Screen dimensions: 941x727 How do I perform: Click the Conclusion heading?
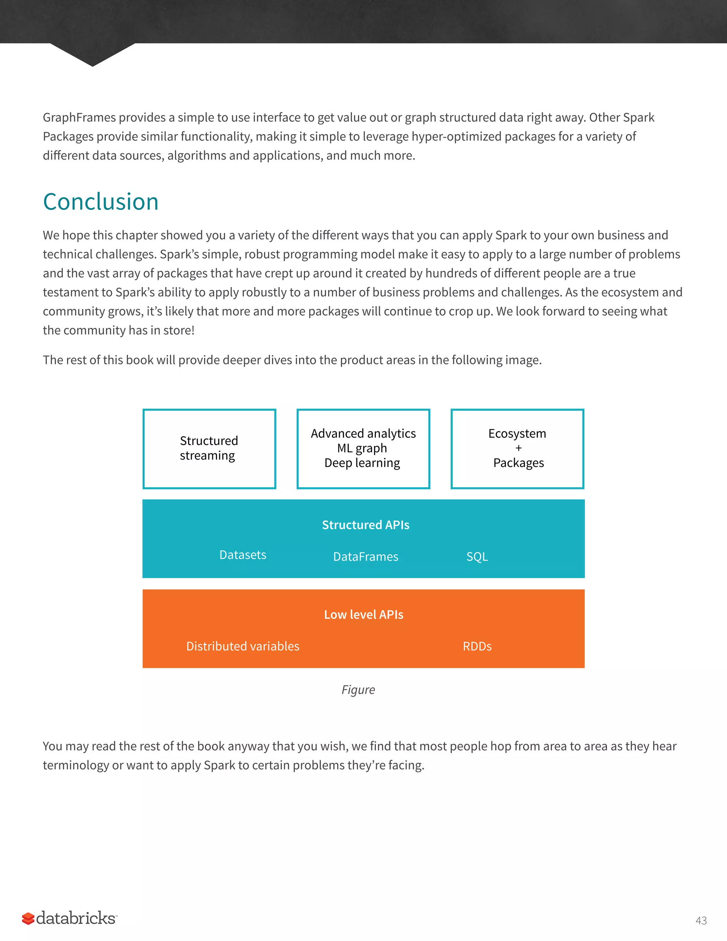coord(101,202)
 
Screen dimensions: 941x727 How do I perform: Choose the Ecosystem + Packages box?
coord(517,448)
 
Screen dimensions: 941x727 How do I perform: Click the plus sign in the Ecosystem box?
coord(518,448)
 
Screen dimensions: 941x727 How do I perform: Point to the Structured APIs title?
coord(365,525)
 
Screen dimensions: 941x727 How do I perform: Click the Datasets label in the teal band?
coord(242,555)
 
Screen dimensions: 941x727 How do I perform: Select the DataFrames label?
coord(365,557)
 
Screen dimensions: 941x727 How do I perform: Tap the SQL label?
coord(477,557)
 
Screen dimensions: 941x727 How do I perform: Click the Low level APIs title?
coord(363,614)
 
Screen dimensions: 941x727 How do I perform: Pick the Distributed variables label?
coord(242,646)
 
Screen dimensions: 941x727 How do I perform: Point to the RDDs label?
coord(477,646)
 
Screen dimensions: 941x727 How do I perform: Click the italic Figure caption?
coord(358,690)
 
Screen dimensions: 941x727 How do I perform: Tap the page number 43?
coord(701,921)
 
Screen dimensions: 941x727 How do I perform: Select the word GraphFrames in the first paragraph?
coord(79,118)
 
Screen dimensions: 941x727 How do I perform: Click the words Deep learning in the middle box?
coord(362,463)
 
